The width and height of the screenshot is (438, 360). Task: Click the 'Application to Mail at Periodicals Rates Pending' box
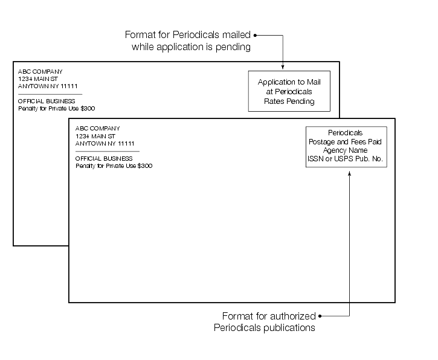[x=289, y=91]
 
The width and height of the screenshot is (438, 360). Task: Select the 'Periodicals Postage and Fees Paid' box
[x=346, y=147]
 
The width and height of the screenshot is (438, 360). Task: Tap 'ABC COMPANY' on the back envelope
[x=40, y=71]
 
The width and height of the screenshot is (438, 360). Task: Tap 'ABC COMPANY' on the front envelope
[x=98, y=128]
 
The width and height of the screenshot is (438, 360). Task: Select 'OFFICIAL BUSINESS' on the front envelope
[x=104, y=158]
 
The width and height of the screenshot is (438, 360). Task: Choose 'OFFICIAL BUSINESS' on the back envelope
[x=47, y=101]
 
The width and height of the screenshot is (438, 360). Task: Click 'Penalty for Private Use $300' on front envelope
[x=114, y=166]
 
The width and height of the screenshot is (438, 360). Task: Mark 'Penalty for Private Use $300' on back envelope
[x=56, y=109]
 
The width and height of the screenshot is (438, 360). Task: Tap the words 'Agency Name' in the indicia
[x=346, y=150]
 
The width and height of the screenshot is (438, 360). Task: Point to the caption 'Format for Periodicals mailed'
[x=188, y=35]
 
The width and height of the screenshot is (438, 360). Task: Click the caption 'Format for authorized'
[x=269, y=316]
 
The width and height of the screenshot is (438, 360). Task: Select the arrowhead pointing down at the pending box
[x=283, y=66]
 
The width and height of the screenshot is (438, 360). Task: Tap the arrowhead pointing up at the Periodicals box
[x=349, y=173]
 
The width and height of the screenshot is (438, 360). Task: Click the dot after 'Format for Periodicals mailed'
[x=256, y=35]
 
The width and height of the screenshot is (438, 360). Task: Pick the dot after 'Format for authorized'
[x=320, y=316]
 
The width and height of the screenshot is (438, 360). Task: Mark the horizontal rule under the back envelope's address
[x=50, y=94]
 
